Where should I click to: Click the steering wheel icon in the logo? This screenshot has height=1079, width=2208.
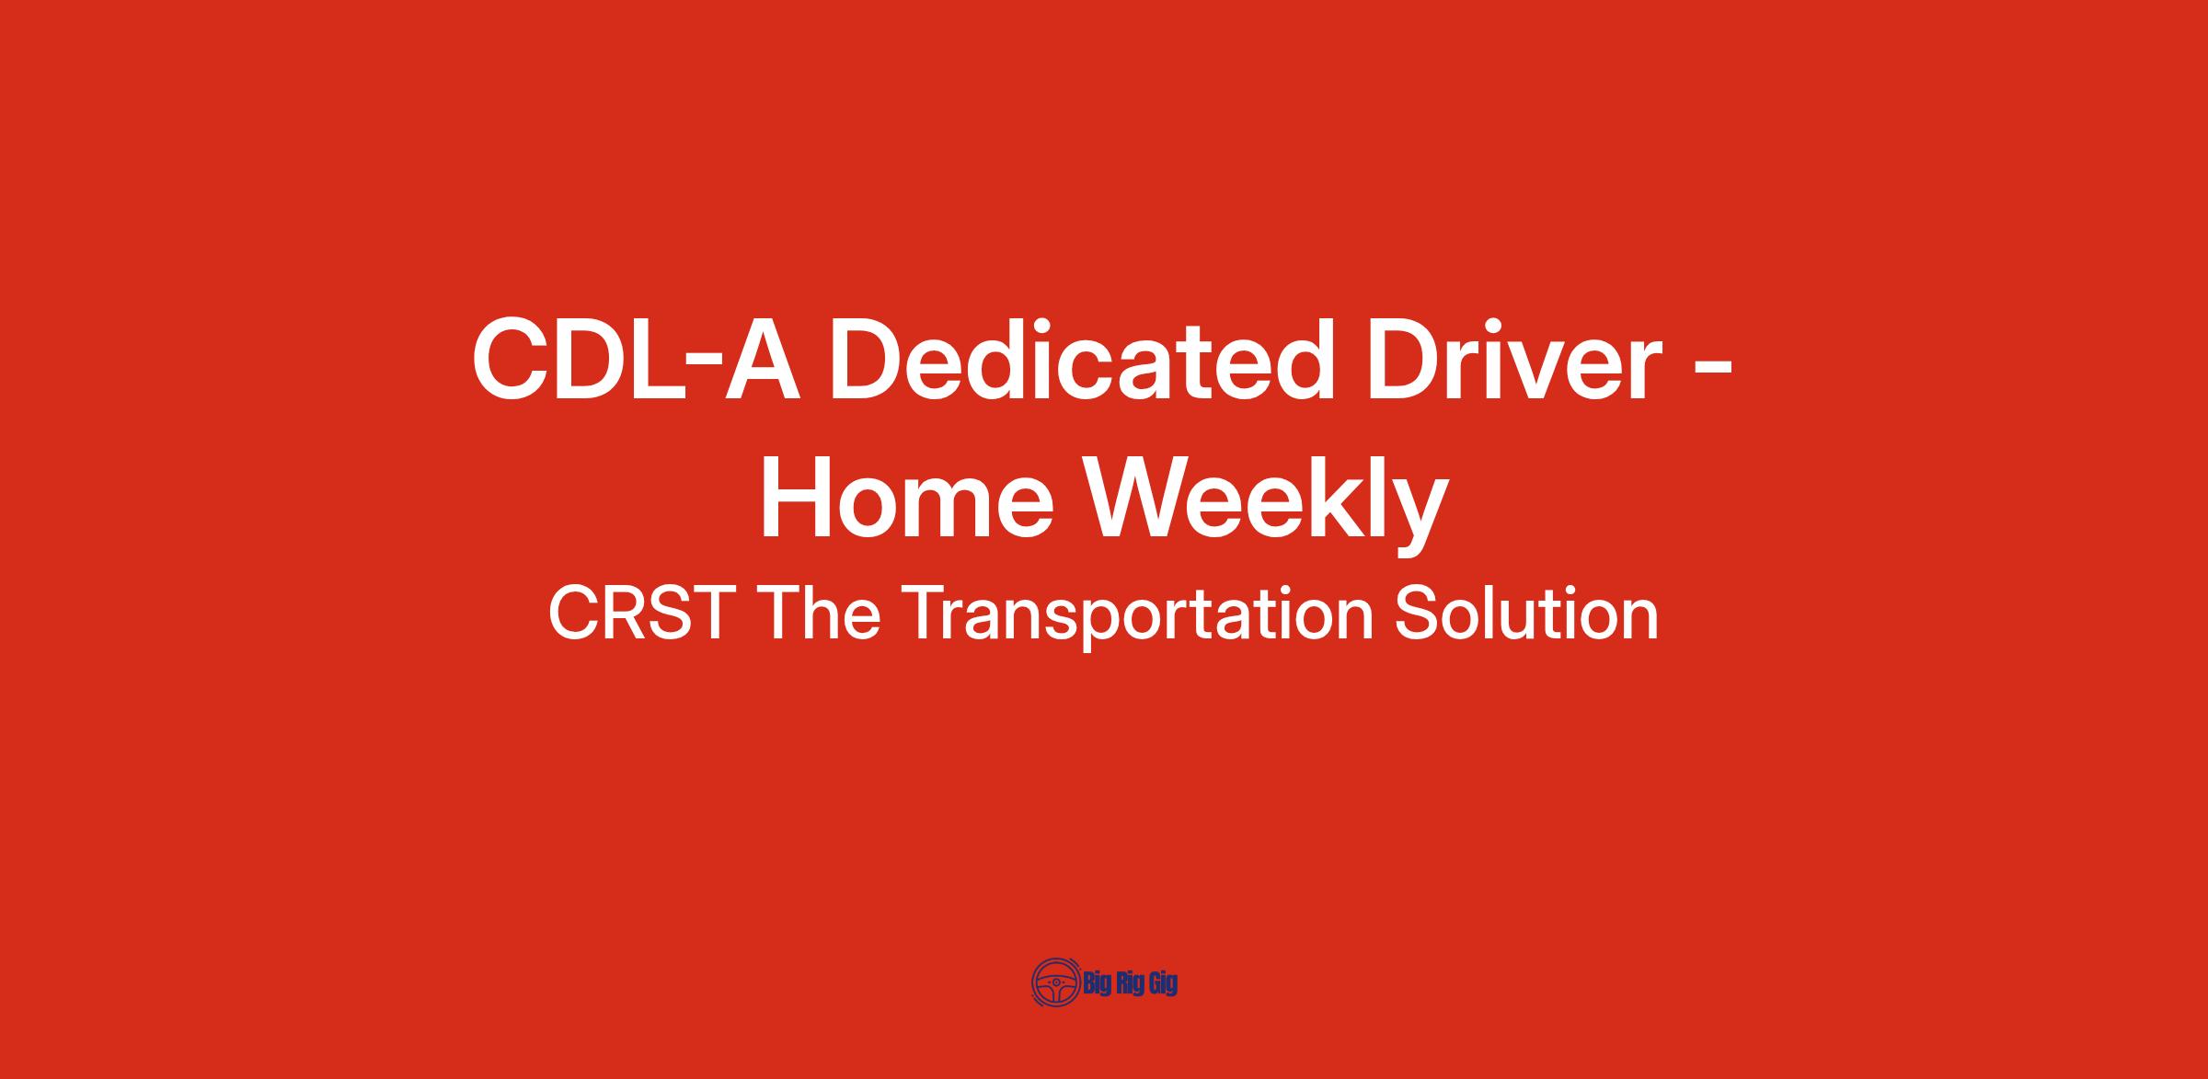click(1055, 982)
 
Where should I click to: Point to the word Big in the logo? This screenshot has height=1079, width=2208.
click(1098, 984)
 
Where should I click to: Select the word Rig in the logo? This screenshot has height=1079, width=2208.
click(1132, 984)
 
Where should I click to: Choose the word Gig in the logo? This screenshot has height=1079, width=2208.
click(1164, 984)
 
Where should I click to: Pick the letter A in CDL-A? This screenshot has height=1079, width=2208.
click(761, 360)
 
